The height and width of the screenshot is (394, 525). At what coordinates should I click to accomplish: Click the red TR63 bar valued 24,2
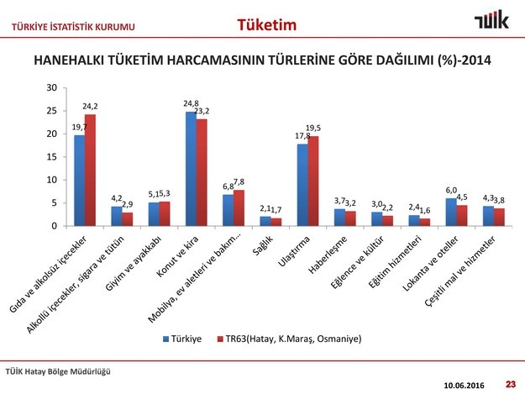90,170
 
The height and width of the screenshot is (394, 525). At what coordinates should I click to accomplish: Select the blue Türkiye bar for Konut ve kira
191,169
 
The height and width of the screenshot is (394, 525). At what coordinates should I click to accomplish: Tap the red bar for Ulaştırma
313,181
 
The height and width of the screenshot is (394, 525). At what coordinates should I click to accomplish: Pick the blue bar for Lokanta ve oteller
451,213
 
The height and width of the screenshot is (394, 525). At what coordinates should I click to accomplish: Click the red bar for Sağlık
276,222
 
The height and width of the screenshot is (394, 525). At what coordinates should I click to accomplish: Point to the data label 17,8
302,136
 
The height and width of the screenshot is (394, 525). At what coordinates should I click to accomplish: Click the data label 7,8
239,182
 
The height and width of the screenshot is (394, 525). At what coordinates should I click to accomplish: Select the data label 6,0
451,190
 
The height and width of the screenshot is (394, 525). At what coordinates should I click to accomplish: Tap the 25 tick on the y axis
52,111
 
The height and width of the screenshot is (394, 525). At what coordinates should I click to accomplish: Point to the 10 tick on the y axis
52,180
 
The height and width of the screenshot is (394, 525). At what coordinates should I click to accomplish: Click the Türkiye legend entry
182,339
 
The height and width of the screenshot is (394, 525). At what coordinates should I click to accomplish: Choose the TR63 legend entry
289,339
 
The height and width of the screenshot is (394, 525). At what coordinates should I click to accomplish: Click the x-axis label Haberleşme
328,255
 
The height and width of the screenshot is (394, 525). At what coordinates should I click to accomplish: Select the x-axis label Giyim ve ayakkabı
133,263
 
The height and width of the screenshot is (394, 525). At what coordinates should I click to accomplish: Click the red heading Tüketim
267,24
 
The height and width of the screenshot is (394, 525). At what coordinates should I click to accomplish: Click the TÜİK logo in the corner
491,19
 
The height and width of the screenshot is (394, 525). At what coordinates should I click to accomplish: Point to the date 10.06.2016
464,386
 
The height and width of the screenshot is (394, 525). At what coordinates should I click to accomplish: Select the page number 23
511,384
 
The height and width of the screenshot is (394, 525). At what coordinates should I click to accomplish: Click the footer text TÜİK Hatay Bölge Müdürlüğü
58,371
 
